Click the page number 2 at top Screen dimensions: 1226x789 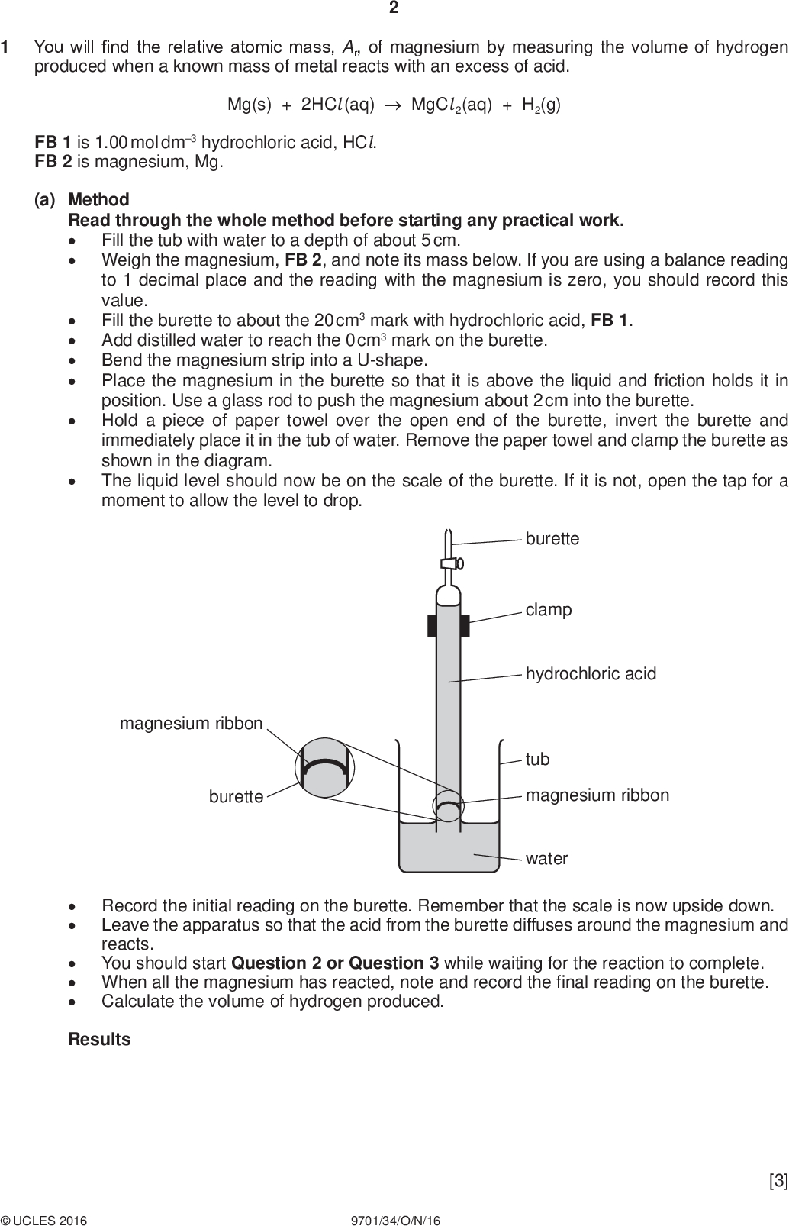coord(394,8)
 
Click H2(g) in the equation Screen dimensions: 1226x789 coord(541,105)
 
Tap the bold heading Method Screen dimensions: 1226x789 coord(98,199)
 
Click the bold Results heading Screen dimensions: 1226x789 coord(99,1040)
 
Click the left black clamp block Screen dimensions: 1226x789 coord(431,624)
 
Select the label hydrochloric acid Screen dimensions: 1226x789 coord(591,674)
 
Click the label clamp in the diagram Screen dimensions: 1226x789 coord(548,610)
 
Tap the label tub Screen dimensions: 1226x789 coord(537,760)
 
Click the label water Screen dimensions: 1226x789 coord(546,859)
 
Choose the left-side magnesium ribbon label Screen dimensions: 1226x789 coord(191,723)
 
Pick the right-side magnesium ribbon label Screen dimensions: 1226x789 coord(597,795)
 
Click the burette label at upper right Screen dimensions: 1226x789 coord(552,539)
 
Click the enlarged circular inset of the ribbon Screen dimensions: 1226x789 coord(325,767)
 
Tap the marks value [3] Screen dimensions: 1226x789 coord(778,1182)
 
